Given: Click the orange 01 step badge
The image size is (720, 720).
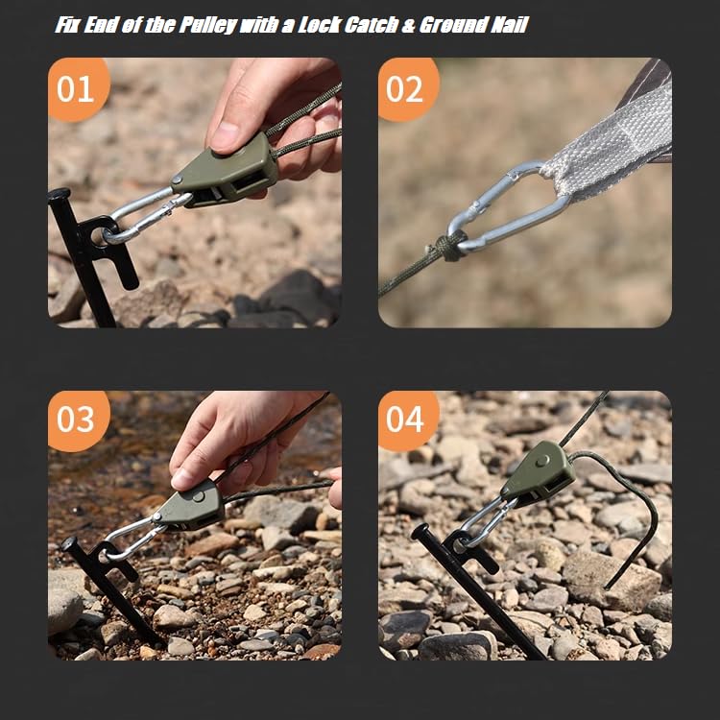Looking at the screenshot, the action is coord(78,89).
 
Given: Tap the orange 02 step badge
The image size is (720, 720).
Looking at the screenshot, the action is coord(407,89).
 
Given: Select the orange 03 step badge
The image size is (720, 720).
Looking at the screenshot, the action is coord(78,420).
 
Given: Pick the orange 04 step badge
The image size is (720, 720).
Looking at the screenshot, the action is coord(407,420).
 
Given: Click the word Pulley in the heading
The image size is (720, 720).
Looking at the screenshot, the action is coord(208,25).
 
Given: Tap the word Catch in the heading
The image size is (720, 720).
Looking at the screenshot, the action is coord(371,25).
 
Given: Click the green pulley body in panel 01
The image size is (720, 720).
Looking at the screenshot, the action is coord(225,172).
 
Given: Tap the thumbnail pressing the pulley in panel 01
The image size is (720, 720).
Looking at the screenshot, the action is coord(225,137).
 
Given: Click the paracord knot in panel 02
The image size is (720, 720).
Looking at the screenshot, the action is coord(450,247).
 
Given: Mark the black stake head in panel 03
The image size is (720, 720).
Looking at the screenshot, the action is coord(69,543).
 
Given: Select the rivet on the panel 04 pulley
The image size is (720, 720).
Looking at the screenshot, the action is coord(543,461).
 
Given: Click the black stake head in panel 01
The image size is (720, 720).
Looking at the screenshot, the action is coord(59,194).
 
